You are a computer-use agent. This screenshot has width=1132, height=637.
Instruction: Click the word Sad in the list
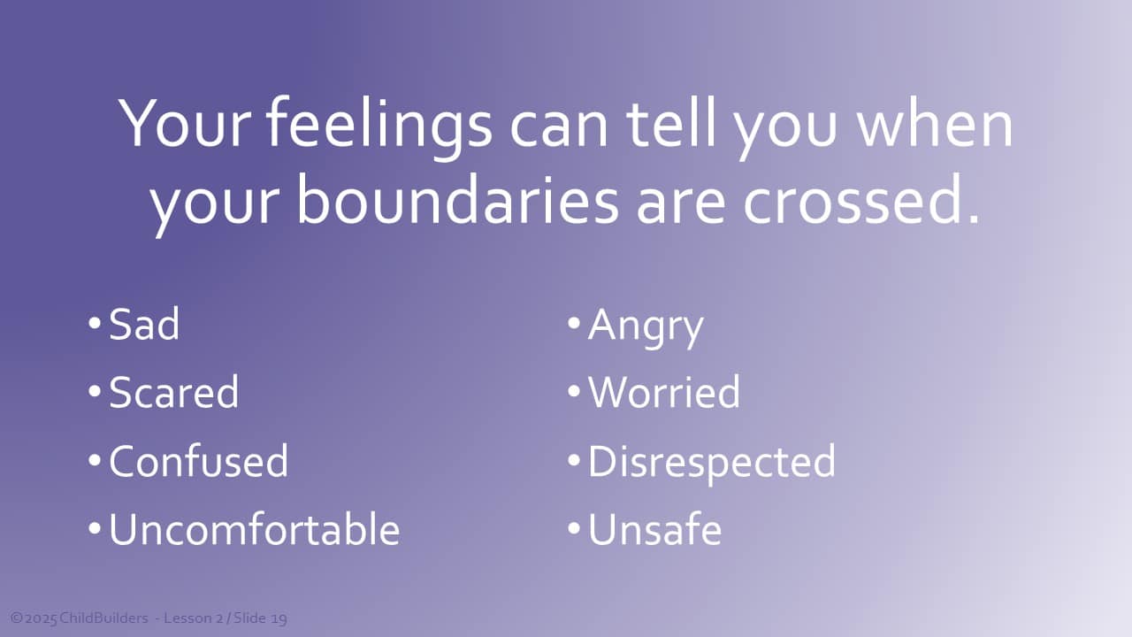tap(144, 324)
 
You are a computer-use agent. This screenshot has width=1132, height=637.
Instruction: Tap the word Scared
tap(174, 392)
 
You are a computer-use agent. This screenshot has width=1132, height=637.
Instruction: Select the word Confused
tap(199, 461)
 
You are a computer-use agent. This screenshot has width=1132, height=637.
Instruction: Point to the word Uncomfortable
tap(255, 529)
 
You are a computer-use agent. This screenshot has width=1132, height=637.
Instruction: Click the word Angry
tap(646, 327)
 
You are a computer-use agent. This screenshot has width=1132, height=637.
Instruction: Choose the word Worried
tap(664, 392)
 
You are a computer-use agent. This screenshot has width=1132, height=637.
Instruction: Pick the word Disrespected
tap(712, 464)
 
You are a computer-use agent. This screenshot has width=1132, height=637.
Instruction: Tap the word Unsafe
tap(655, 529)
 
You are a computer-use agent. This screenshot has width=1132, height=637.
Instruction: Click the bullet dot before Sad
tap(95, 323)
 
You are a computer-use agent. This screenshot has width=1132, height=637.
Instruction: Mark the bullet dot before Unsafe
tap(574, 528)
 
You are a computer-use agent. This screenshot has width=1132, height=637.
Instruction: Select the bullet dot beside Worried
tap(574, 391)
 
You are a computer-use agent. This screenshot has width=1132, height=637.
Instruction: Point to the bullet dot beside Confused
tap(95, 460)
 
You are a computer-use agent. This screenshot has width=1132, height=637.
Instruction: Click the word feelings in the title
tap(379, 127)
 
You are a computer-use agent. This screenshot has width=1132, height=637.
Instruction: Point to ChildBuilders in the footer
tap(103, 618)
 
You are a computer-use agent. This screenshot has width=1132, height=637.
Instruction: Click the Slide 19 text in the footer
tap(260, 618)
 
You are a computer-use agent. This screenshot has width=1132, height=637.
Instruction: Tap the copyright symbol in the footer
tap(17, 618)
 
